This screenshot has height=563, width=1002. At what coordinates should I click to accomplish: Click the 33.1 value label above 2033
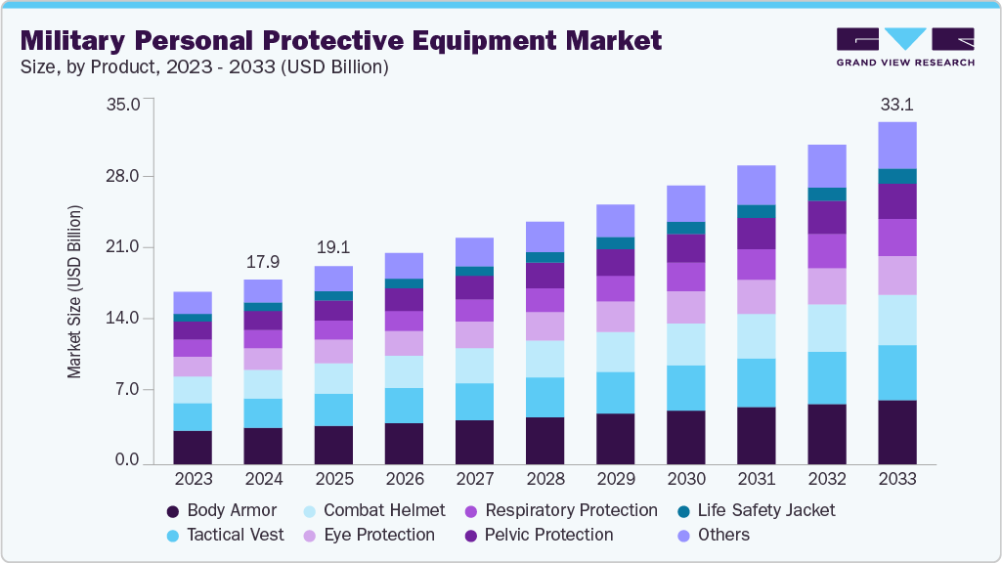click(x=896, y=104)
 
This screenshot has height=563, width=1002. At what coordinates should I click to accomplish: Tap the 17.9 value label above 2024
click(x=263, y=262)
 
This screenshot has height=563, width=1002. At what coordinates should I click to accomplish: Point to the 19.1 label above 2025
click(x=333, y=248)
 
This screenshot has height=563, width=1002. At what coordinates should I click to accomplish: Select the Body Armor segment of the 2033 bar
click(x=896, y=431)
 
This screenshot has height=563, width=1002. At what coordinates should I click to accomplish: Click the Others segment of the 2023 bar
click(x=193, y=302)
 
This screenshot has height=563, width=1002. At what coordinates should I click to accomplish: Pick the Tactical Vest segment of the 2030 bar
click(x=685, y=388)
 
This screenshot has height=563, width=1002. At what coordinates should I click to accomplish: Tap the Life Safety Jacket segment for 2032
click(x=826, y=194)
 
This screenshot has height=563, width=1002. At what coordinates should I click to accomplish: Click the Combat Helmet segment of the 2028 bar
click(x=545, y=359)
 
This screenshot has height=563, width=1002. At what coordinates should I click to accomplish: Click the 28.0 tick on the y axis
click(x=124, y=176)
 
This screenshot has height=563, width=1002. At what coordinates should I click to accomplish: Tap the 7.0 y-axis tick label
click(x=128, y=390)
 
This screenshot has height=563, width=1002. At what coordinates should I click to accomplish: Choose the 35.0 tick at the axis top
click(x=124, y=104)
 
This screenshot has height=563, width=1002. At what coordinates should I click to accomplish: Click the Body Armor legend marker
click(x=173, y=510)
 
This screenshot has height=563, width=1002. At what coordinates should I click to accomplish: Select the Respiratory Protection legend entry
click(x=571, y=510)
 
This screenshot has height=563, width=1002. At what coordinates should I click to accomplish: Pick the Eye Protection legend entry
click(x=378, y=535)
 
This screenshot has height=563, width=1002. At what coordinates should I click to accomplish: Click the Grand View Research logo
click(x=905, y=46)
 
